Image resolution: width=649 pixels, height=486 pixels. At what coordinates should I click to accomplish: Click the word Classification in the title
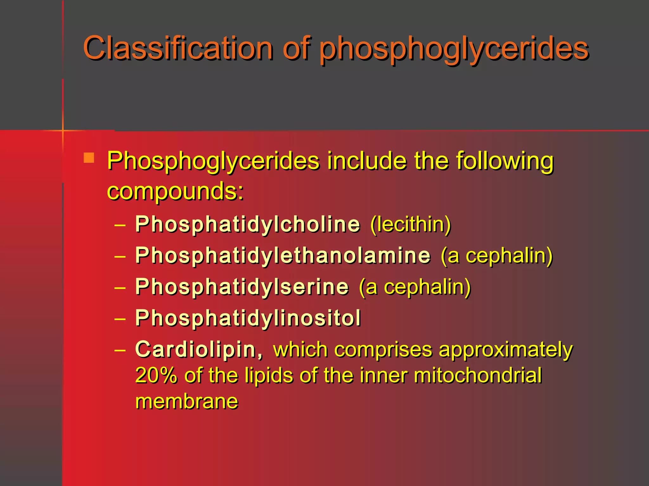178,48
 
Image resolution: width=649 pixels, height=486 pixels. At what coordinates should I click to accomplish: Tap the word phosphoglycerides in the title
454,49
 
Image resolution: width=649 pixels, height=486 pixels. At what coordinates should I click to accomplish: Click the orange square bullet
89,158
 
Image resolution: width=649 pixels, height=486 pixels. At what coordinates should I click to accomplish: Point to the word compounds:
175,191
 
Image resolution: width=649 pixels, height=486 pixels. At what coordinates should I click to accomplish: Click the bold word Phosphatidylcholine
247,224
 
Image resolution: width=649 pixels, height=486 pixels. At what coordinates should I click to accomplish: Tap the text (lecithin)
411,224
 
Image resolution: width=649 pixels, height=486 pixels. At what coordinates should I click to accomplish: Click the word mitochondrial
478,376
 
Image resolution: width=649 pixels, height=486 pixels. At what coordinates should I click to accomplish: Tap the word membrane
187,402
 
